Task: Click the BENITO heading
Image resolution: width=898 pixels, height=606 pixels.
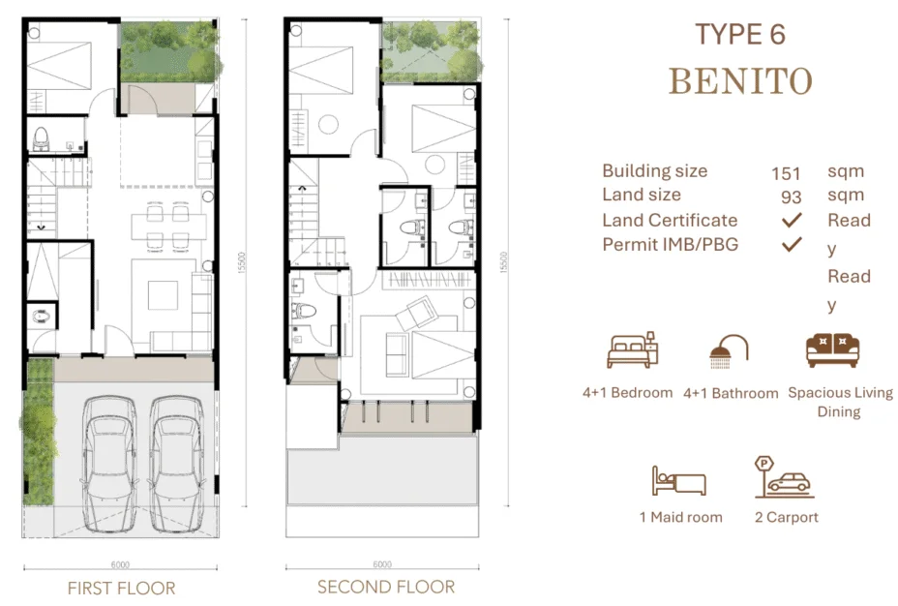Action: tap(740, 81)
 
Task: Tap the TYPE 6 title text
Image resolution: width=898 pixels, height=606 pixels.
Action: tap(740, 34)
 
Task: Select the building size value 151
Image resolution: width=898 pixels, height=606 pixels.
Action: tap(786, 174)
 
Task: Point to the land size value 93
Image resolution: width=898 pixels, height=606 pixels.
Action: tap(792, 197)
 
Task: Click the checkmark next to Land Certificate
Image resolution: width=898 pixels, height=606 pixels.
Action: tap(793, 221)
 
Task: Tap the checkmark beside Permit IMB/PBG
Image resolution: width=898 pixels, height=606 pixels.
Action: tap(793, 245)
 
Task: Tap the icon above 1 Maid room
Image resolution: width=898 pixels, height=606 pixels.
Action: tap(679, 481)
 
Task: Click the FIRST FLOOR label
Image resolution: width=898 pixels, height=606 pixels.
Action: tap(121, 588)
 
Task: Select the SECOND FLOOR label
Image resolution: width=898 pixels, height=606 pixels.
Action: tap(385, 587)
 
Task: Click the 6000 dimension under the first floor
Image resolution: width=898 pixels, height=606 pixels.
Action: tap(120, 564)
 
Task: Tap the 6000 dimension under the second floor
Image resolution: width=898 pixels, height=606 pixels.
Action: tap(381, 564)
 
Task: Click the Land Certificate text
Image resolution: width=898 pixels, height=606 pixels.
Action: tap(669, 220)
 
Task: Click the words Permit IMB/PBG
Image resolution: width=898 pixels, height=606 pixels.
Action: tap(670, 244)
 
